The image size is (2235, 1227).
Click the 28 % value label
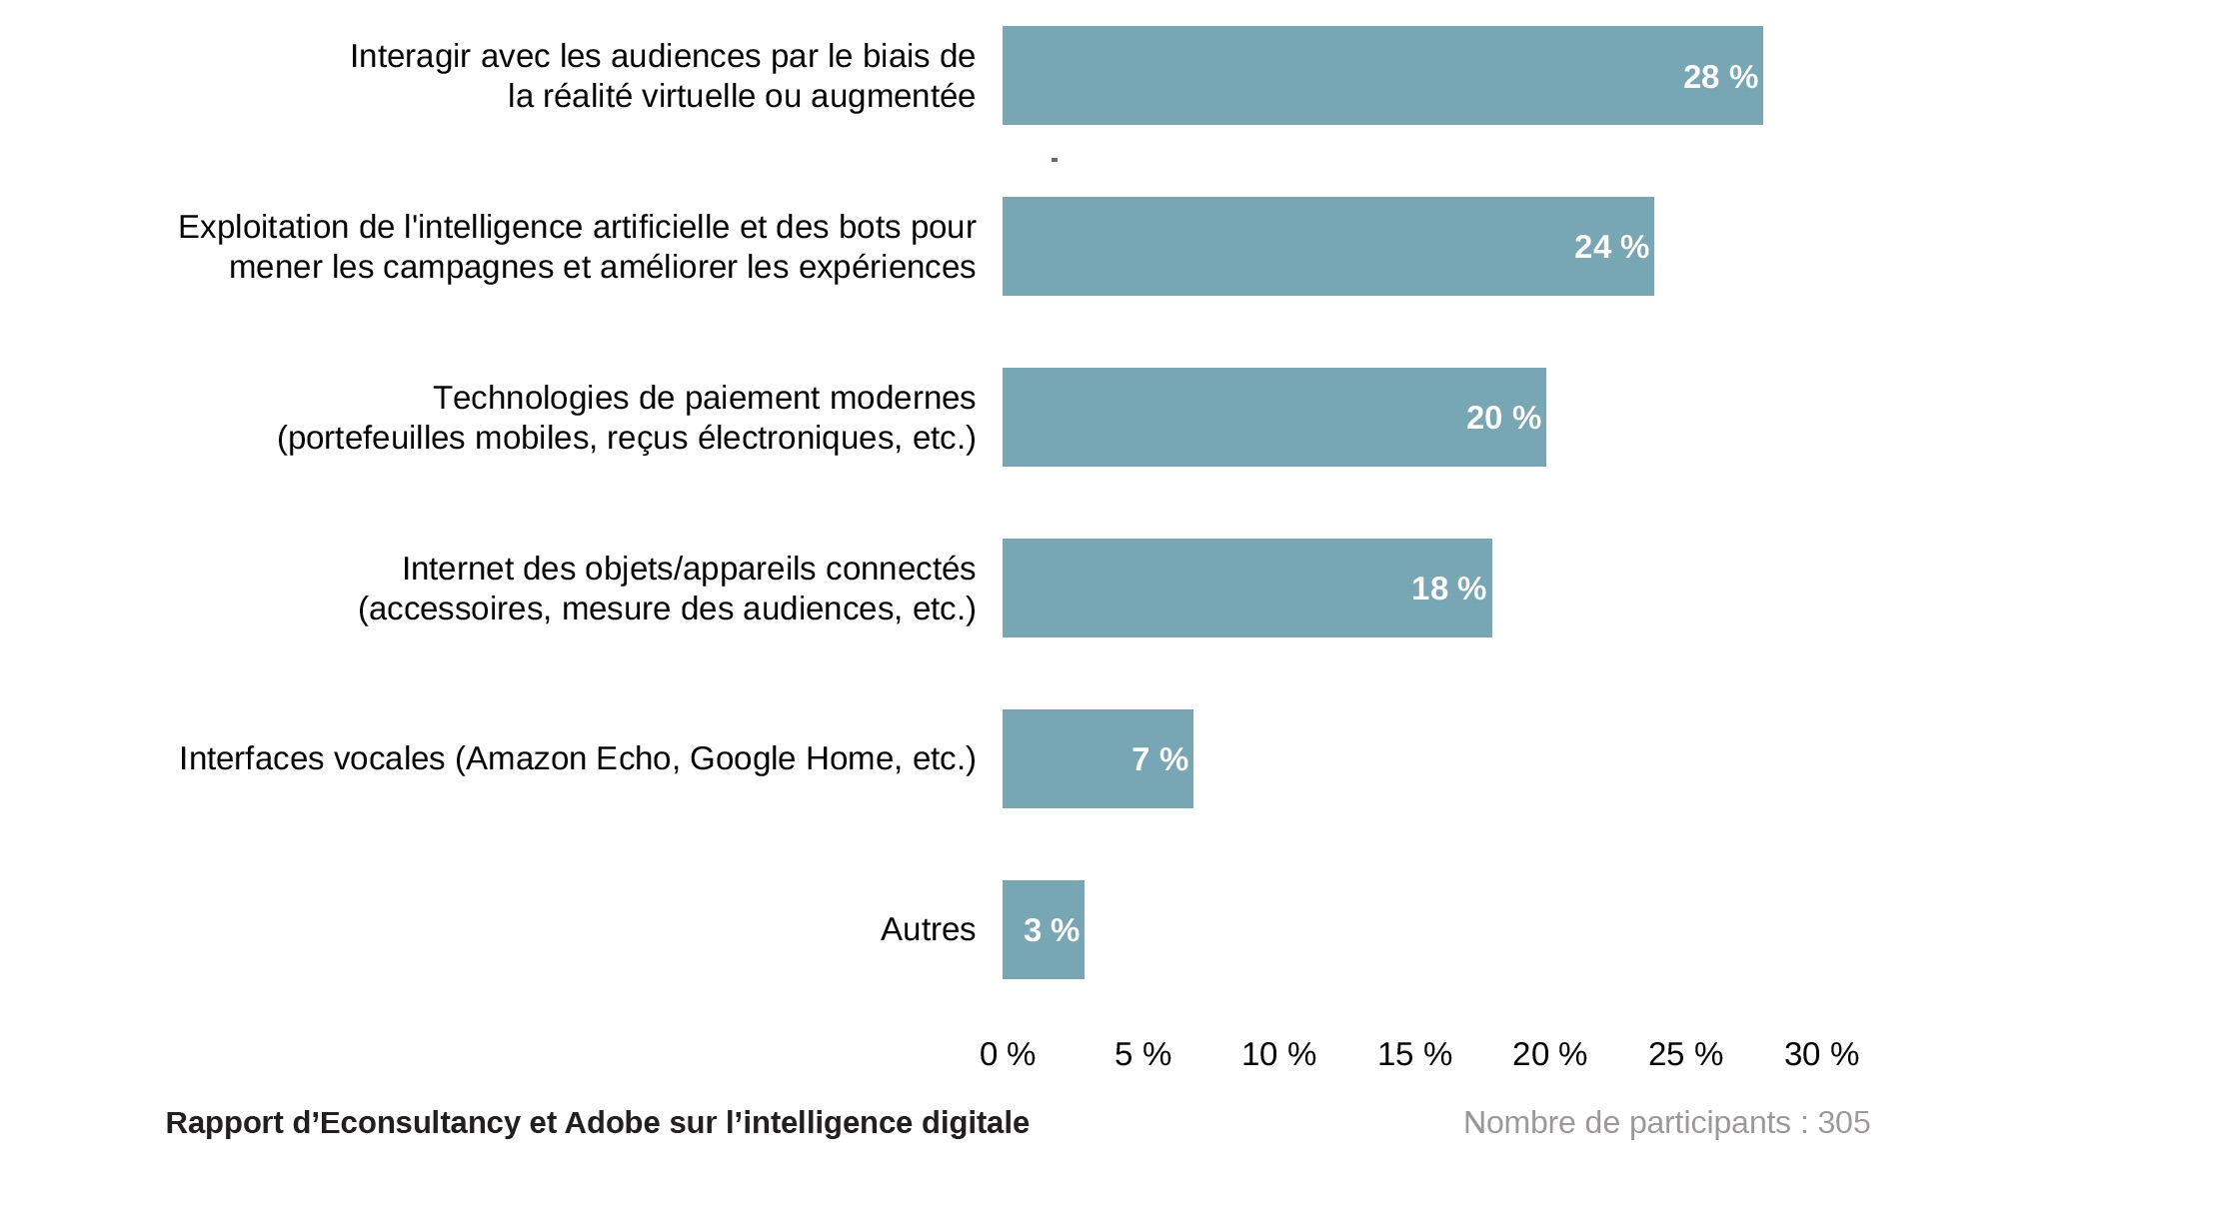click(1719, 77)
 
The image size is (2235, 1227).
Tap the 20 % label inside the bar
click(1502, 418)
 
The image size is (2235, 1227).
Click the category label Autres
click(928, 930)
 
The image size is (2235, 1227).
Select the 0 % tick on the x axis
click(1008, 1054)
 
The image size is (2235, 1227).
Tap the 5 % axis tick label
click(1142, 1054)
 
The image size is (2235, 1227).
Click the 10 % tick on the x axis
click(1278, 1054)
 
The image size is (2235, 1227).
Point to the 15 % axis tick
click(1414, 1054)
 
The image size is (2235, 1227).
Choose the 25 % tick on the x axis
click(1685, 1054)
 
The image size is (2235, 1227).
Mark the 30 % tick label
click(1821, 1054)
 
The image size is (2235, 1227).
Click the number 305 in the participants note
click(1844, 1123)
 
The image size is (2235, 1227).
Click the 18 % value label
click(1448, 589)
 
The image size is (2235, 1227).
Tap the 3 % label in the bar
click(1051, 930)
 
